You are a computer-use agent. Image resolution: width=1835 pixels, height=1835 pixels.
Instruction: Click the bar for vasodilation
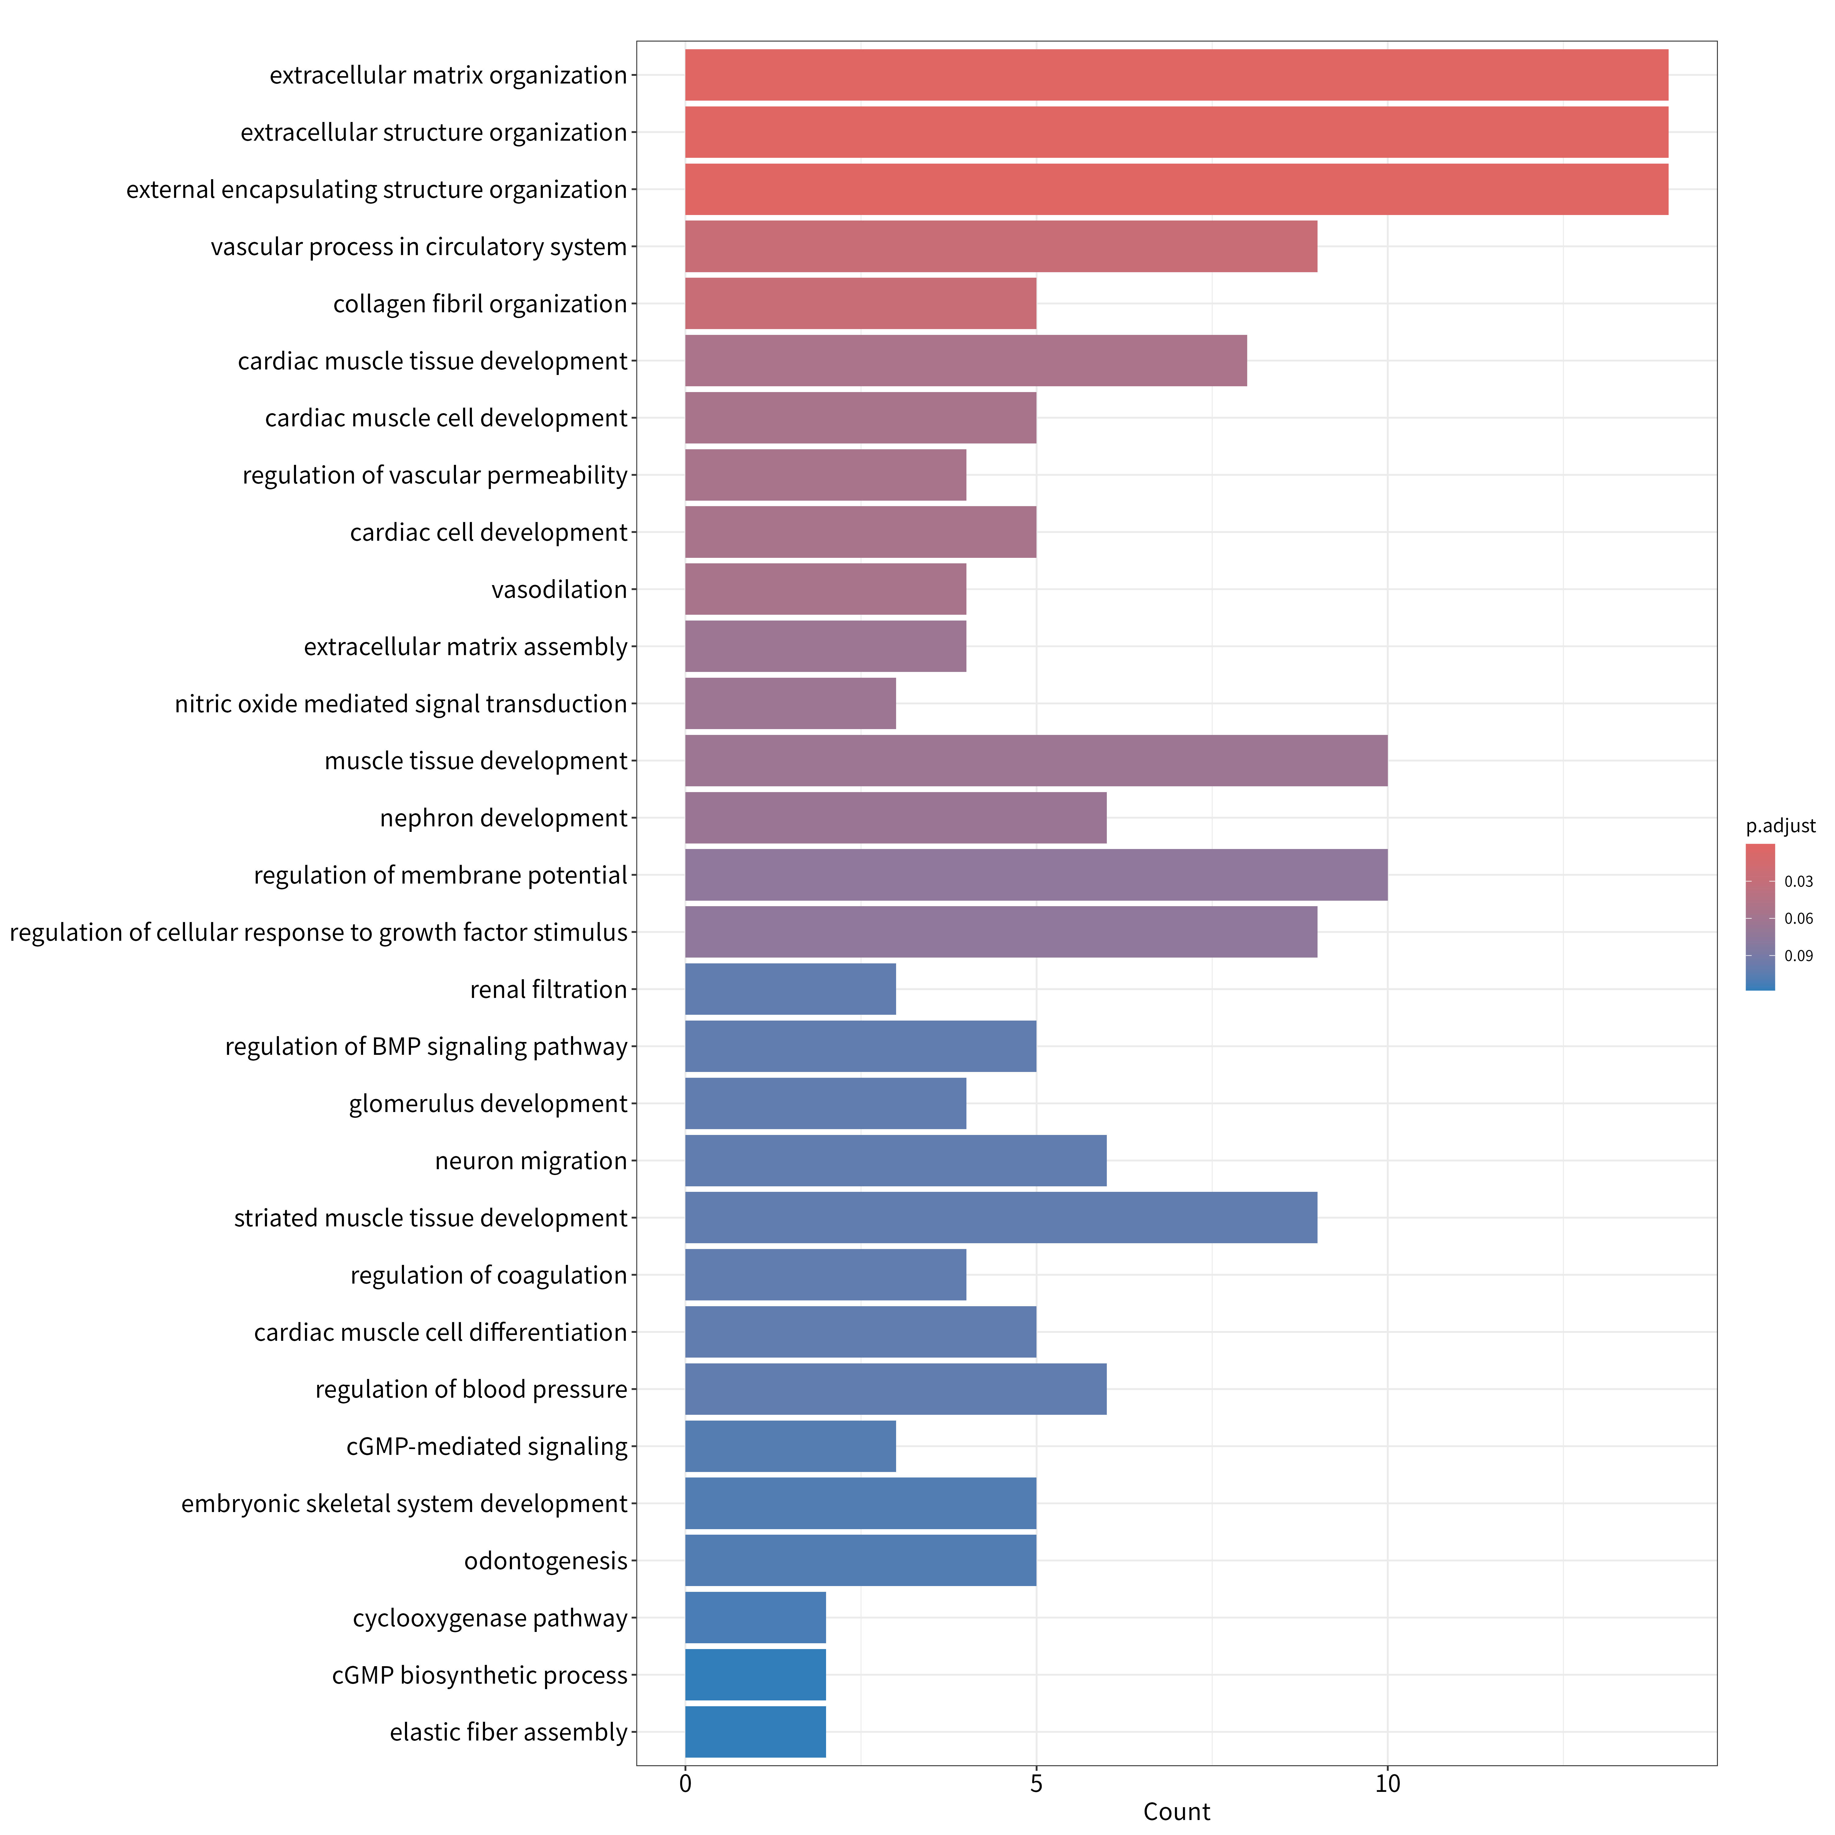825,589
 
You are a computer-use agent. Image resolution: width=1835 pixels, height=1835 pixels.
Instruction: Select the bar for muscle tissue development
1036,761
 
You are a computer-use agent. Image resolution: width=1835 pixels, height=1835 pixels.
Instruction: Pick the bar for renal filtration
790,989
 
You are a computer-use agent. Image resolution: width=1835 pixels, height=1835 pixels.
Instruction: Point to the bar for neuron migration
896,1161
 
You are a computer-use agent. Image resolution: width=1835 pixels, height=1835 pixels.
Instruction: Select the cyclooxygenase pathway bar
755,1618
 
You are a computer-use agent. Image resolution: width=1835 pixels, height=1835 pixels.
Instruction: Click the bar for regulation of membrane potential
1036,875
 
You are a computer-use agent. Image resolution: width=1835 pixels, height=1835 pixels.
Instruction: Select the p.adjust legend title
1780,826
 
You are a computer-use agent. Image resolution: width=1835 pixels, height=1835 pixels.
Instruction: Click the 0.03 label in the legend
1798,881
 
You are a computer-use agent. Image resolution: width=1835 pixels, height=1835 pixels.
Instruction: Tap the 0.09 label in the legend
1798,955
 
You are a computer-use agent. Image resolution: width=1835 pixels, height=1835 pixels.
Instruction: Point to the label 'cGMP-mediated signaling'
487,1447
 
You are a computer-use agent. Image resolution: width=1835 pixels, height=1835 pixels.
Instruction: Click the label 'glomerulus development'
488,1104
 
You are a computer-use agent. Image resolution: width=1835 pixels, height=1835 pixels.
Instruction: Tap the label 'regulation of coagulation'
489,1275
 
